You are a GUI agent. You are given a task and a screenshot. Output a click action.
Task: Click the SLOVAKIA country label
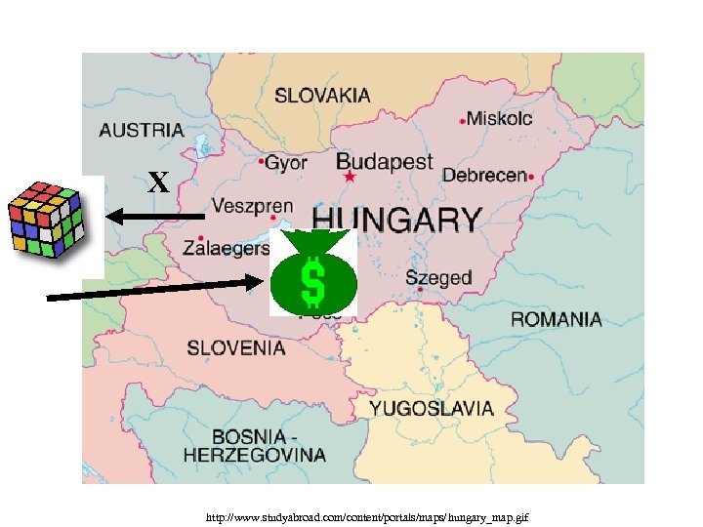pyautogui.click(x=322, y=96)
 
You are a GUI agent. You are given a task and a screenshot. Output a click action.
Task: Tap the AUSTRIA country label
pyautogui.click(x=141, y=129)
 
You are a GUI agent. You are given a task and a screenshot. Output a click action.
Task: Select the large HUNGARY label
pyautogui.click(x=396, y=219)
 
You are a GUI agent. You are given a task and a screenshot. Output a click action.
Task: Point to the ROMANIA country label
pyautogui.click(x=557, y=319)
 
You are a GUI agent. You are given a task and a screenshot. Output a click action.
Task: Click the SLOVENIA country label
pyautogui.click(x=236, y=347)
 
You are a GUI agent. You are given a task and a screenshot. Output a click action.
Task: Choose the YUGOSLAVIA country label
pyautogui.click(x=432, y=409)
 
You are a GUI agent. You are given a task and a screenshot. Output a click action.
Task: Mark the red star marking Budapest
pyautogui.click(x=350, y=178)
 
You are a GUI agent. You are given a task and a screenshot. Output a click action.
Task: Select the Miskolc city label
pyautogui.click(x=499, y=118)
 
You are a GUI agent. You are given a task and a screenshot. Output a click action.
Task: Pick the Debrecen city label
pyautogui.click(x=484, y=176)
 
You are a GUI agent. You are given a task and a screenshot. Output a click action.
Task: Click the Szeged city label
pyautogui.click(x=438, y=277)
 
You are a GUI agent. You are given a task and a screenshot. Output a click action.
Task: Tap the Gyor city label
pyautogui.click(x=285, y=162)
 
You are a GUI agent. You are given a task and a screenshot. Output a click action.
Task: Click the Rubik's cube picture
pyautogui.click(x=45, y=220)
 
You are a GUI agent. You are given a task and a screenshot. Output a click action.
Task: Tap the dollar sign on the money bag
pyautogui.click(x=313, y=281)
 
